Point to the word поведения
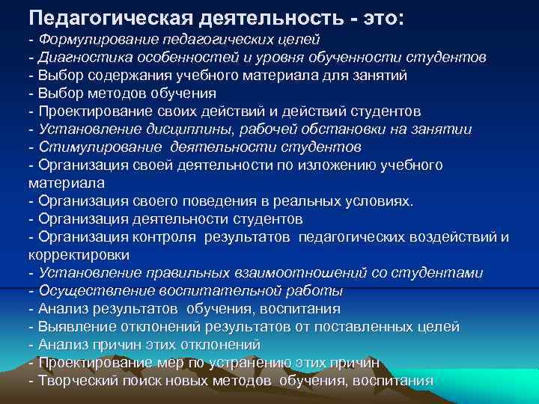click(x=222, y=201)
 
